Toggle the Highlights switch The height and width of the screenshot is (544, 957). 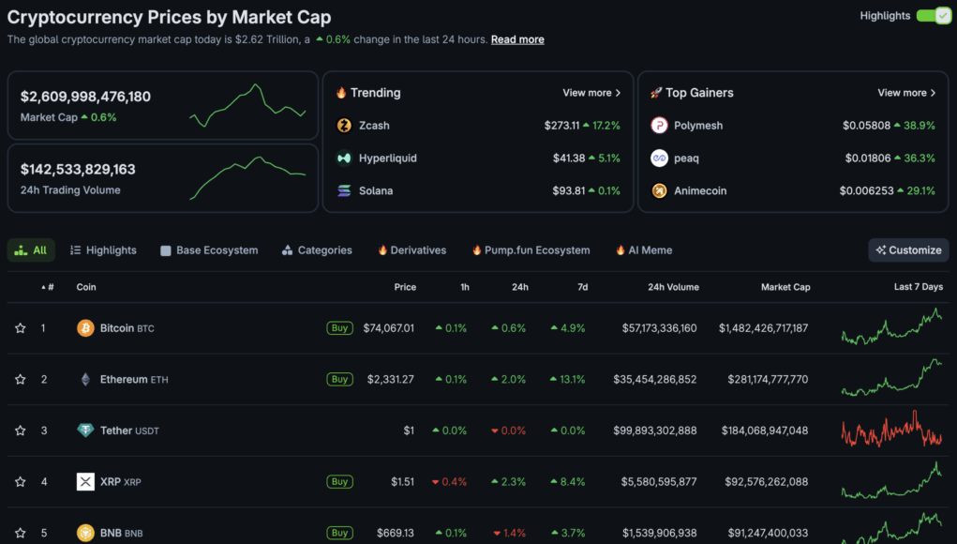pos(934,16)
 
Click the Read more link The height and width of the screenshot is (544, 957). pos(517,39)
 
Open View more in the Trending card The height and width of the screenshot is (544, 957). pos(591,93)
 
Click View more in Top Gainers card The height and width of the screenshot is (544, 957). pos(906,93)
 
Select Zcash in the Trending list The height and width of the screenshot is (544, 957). pos(374,126)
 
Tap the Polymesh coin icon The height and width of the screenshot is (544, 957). pos(660,126)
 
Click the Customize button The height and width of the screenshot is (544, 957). pos(908,250)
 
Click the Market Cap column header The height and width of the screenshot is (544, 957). pos(785,287)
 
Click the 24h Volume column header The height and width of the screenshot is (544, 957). pos(673,287)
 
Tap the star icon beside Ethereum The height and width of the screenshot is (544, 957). pos(20,380)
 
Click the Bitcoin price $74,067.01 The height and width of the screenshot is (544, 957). pos(388,328)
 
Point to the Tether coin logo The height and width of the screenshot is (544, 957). pos(85,431)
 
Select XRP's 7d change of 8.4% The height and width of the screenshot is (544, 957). pos(568,482)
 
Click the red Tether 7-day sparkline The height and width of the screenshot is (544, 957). pos(891,430)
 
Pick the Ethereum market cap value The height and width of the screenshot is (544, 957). pos(768,380)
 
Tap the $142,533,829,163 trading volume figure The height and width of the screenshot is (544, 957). pos(78,170)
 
